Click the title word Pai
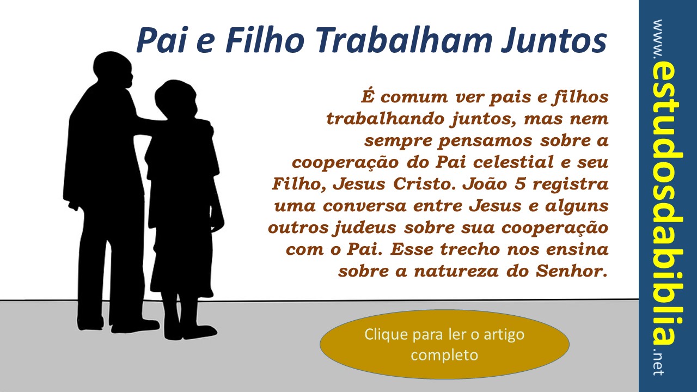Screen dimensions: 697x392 [162, 40]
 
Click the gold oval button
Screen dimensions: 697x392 [444, 345]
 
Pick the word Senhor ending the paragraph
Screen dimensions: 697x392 [572, 271]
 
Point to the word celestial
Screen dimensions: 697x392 [513, 162]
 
